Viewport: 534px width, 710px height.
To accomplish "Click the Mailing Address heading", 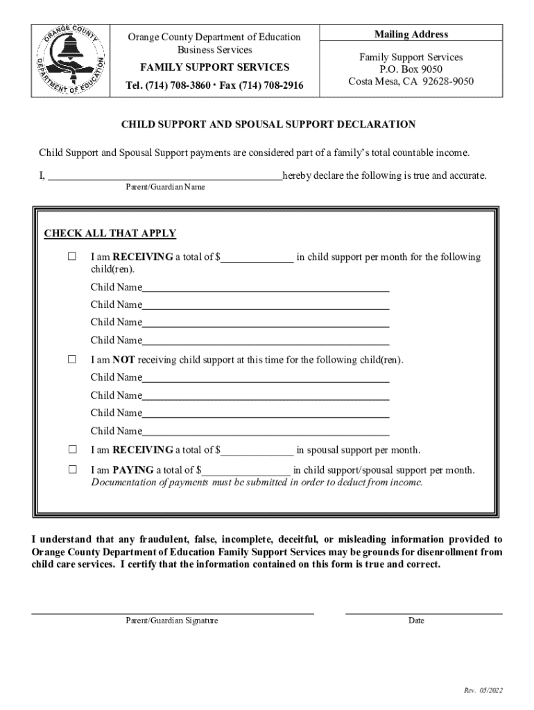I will pyautogui.click(x=411, y=35).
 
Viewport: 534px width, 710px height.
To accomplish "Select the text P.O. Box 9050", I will pyautogui.click(x=411, y=69).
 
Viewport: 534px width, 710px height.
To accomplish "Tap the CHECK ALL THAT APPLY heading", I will pyautogui.click(x=110, y=234).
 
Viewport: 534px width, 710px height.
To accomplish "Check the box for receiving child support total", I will pyautogui.click(x=72, y=257).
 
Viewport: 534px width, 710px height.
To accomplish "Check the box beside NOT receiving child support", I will pyautogui.click(x=72, y=360).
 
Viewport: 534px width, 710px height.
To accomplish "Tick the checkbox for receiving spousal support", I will pyautogui.click(x=72, y=450).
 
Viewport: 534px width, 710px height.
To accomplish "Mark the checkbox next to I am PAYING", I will pyautogui.click(x=72, y=469).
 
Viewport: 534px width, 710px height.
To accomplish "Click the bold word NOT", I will pyautogui.click(x=123, y=360).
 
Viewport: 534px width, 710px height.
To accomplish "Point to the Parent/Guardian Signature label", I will pyautogui.click(x=172, y=621).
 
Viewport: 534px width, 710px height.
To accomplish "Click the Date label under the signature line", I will pyautogui.click(x=416, y=621).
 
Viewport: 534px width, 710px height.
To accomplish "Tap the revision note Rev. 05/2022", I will pyautogui.click(x=483, y=691).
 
